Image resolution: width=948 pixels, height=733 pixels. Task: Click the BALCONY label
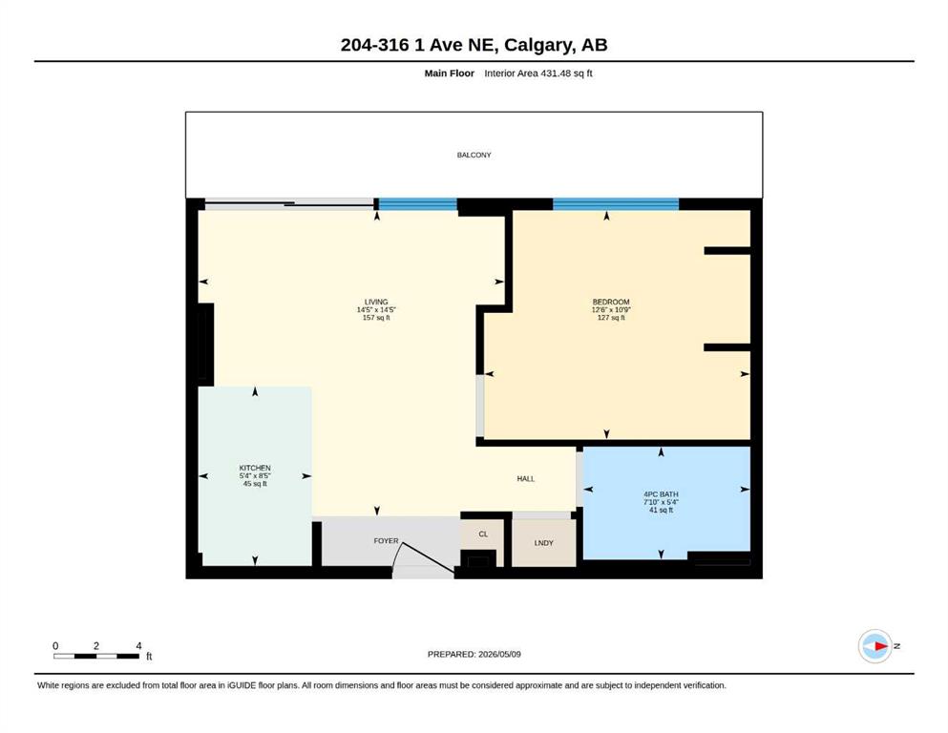pyautogui.click(x=474, y=156)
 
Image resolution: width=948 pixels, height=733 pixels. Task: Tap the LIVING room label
pyautogui.click(x=376, y=303)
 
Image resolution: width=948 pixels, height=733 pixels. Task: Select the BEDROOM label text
pyautogui.click(x=611, y=303)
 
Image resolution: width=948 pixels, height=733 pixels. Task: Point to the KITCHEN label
pyautogui.click(x=255, y=469)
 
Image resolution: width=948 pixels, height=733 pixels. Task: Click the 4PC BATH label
pyautogui.click(x=661, y=494)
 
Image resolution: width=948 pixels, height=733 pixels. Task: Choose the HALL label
pyautogui.click(x=526, y=478)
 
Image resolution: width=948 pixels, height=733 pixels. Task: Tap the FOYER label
pyautogui.click(x=387, y=541)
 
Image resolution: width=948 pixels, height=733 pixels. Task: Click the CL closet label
pyautogui.click(x=483, y=534)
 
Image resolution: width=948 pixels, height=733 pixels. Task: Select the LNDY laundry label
pyautogui.click(x=544, y=543)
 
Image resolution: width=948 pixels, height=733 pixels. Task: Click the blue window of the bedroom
pyautogui.click(x=616, y=204)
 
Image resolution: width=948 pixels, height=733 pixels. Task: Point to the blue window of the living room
pyautogui.click(x=417, y=204)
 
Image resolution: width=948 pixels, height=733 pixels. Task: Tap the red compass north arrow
pyautogui.click(x=881, y=646)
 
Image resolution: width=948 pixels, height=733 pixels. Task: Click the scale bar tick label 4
pyautogui.click(x=138, y=646)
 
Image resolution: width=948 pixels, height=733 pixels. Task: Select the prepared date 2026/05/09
pyautogui.click(x=499, y=654)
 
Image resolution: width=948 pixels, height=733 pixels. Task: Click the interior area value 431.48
pyautogui.click(x=553, y=73)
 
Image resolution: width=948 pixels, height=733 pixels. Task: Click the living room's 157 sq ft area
pyautogui.click(x=376, y=318)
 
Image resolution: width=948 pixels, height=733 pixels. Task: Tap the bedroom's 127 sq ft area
pyautogui.click(x=611, y=318)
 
